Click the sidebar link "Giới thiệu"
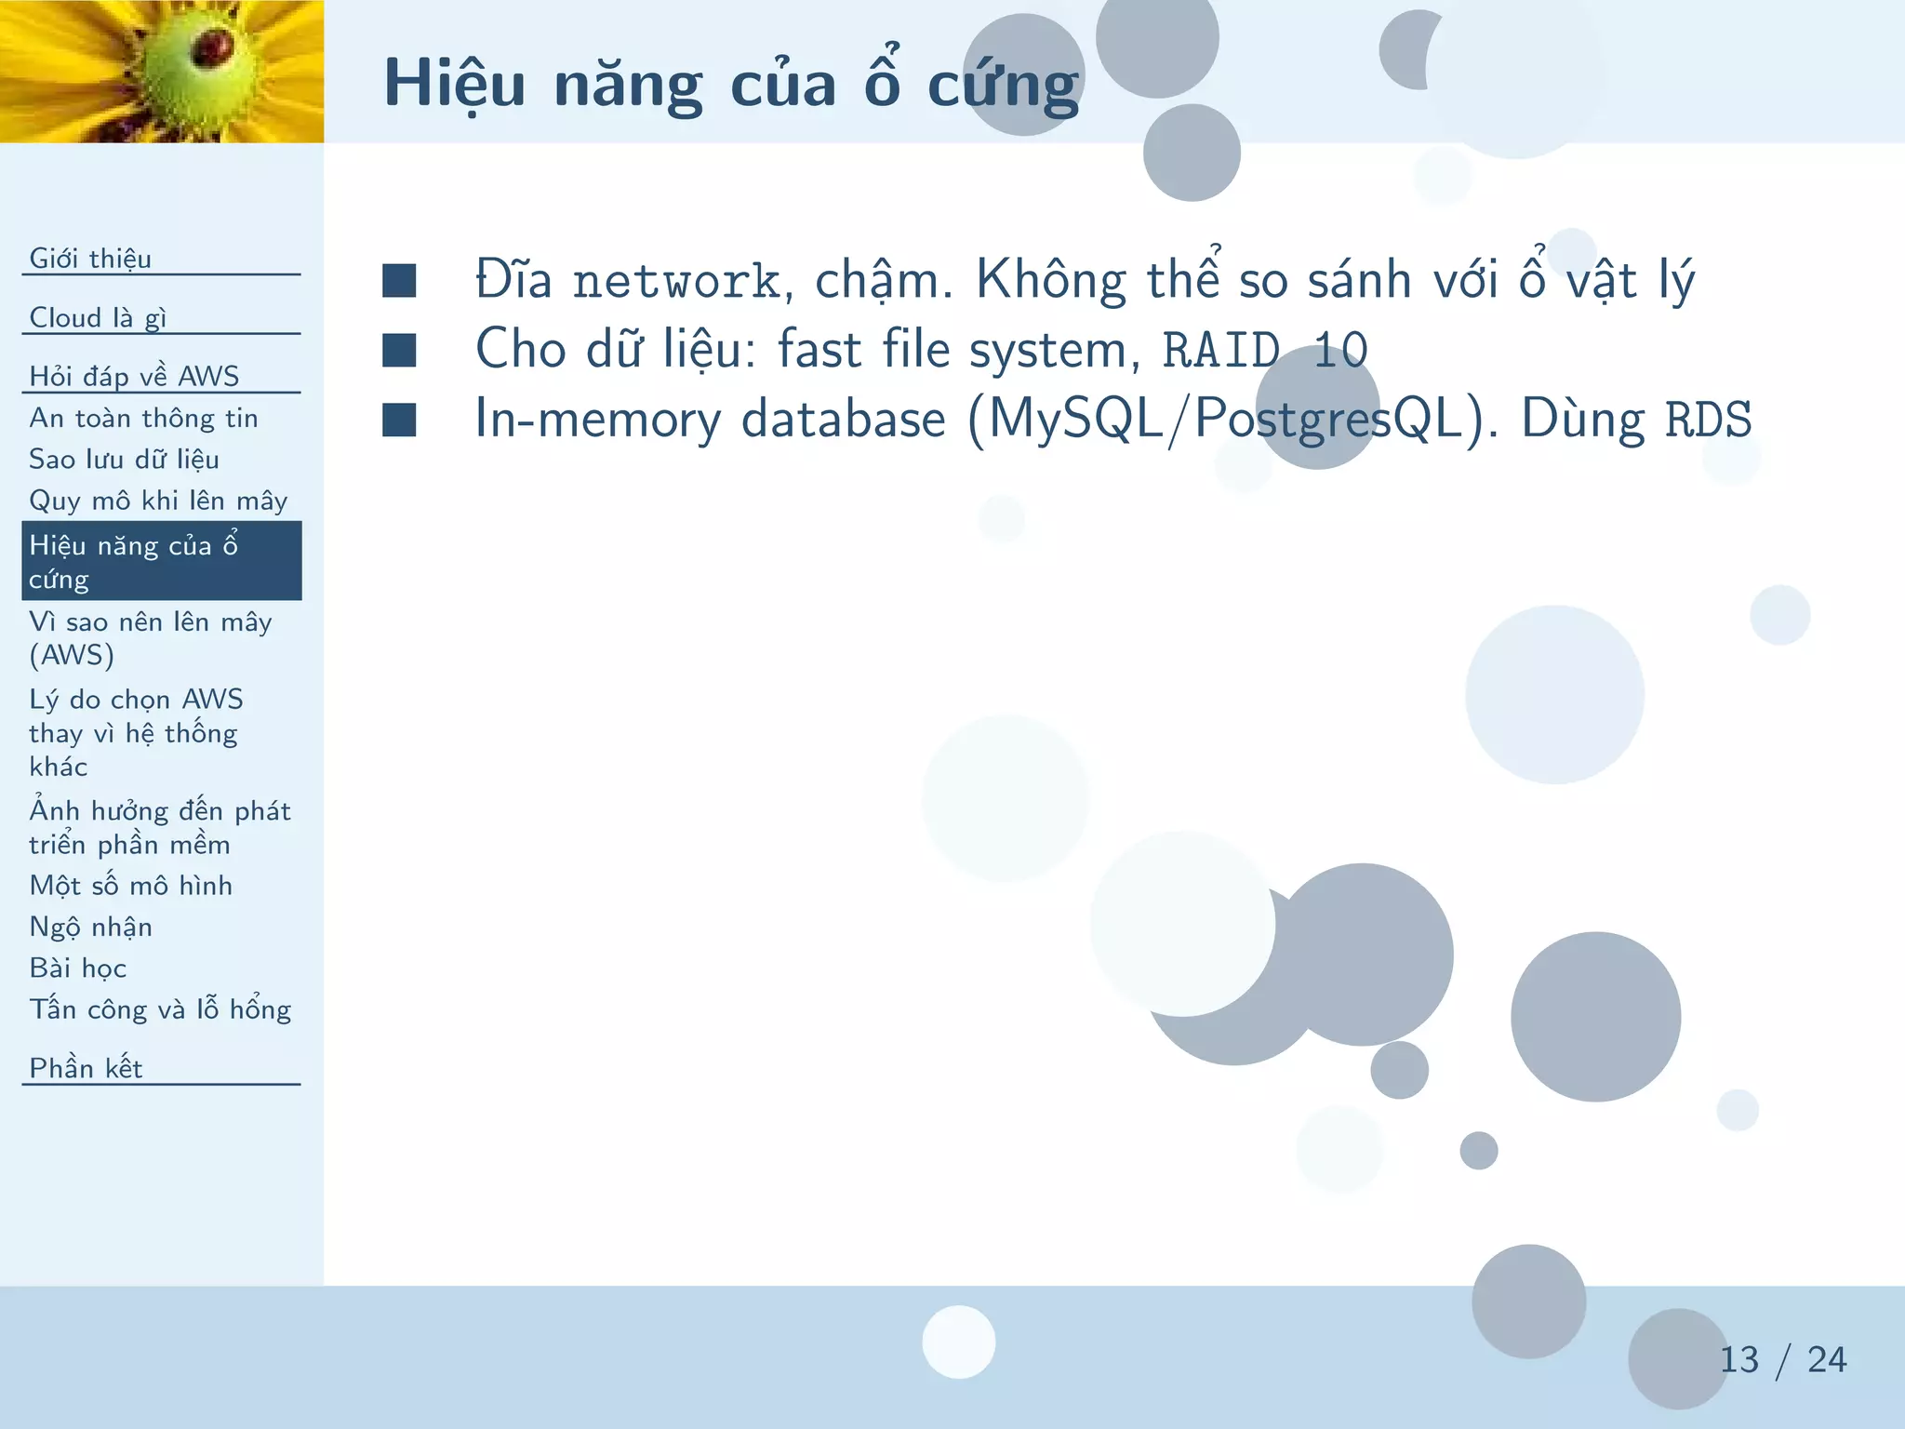pos(90,258)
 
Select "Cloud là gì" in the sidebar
pos(98,317)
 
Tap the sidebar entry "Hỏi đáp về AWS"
pos(134,376)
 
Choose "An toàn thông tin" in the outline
pos(143,418)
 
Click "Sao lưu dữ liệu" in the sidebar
pos(124,460)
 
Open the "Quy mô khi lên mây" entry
pos(158,501)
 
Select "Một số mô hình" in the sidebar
pos(130,885)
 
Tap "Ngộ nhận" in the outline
pos(90,927)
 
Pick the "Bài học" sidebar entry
pos(77,968)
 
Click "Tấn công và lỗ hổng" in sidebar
pos(160,1009)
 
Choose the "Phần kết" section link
pos(86,1068)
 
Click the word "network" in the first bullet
pos(676,281)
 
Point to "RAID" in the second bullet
pos(1220,351)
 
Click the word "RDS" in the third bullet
pos(1708,420)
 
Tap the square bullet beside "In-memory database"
pos(399,420)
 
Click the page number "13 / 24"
pos(1781,1359)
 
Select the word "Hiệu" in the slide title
pos(455,86)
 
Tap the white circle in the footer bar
pos(958,1342)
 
